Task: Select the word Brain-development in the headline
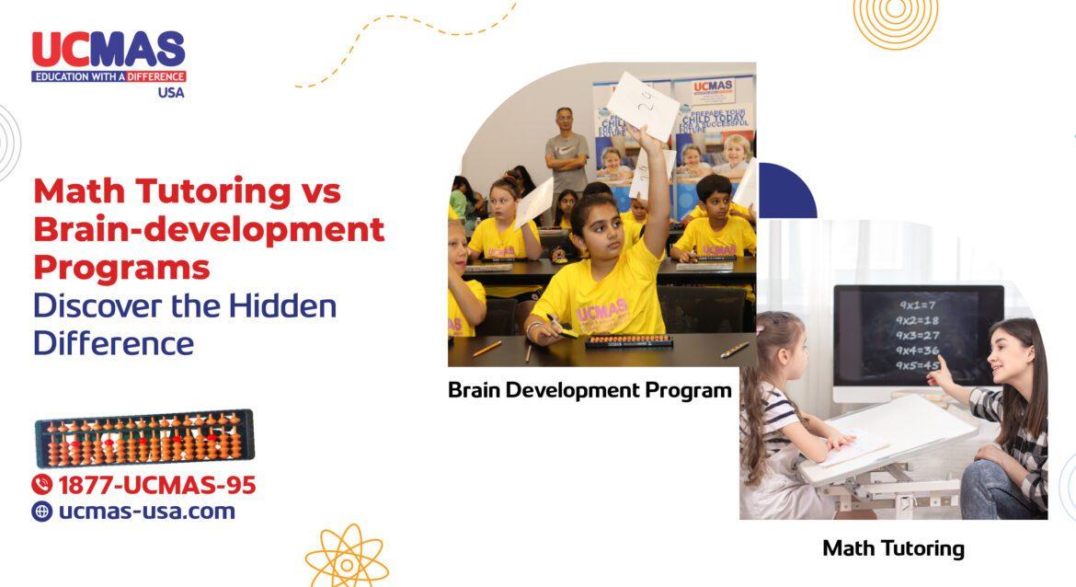(x=209, y=229)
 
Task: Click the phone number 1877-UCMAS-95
(x=156, y=485)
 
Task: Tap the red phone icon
(x=42, y=485)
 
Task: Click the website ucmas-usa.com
(x=146, y=512)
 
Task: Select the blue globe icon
(x=42, y=512)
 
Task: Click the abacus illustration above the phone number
(x=143, y=439)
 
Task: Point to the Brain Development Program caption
(x=590, y=389)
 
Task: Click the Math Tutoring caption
(x=893, y=548)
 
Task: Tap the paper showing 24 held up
(x=643, y=105)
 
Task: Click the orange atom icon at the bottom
(x=347, y=556)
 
